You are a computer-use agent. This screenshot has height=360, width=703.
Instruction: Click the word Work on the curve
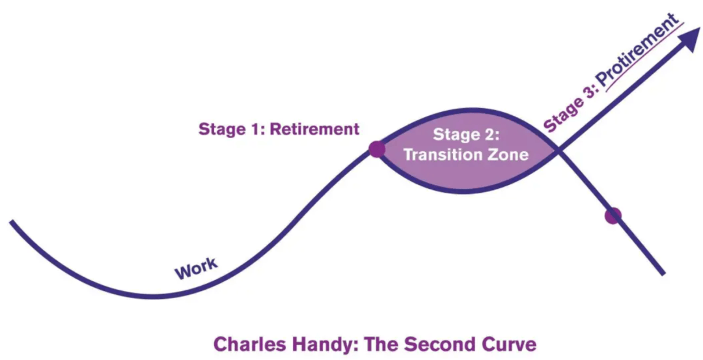pyautogui.click(x=196, y=268)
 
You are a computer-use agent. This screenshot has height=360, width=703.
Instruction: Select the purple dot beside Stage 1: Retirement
pyautogui.click(x=377, y=149)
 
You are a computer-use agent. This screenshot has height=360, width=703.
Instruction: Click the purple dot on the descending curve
pyautogui.click(x=613, y=215)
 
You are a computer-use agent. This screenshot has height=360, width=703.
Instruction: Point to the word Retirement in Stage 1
pyautogui.click(x=315, y=129)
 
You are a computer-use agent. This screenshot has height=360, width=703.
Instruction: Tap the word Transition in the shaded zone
pyautogui.click(x=442, y=155)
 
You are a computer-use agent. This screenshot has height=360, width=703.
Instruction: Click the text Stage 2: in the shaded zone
pyautogui.click(x=466, y=134)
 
